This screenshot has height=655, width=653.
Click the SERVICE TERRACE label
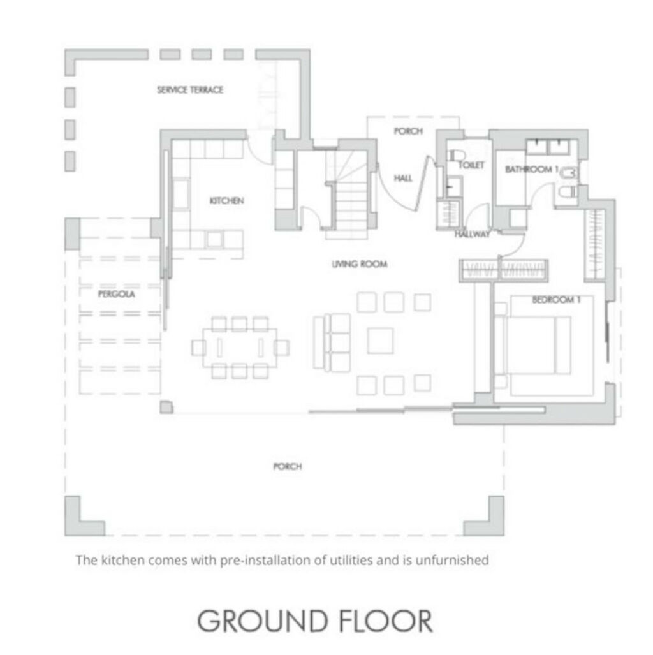click(x=190, y=90)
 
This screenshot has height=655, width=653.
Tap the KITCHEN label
click(x=226, y=201)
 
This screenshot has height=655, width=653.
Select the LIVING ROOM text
click(x=359, y=264)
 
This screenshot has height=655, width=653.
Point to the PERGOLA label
click(x=117, y=294)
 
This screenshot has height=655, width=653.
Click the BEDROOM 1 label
click(x=556, y=300)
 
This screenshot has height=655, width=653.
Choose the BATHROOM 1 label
click(x=531, y=169)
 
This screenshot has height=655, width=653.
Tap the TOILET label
click(x=471, y=165)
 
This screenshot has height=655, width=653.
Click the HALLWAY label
click(x=473, y=234)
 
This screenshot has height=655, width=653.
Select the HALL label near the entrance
click(x=403, y=179)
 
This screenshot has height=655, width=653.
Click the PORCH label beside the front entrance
click(x=408, y=131)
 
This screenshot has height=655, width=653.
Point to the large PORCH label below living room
click(x=288, y=466)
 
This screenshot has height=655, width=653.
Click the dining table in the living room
click(x=240, y=348)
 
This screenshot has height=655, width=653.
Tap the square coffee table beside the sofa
click(x=380, y=341)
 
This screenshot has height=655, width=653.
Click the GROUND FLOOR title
click(x=314, y=621)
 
